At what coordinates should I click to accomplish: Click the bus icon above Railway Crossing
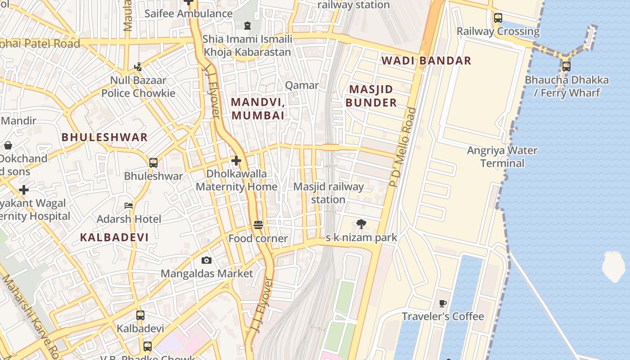[x=498, y=18]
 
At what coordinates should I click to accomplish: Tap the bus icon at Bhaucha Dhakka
[x=566, y=67]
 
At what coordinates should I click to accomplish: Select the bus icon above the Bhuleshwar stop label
[x=153, y=162]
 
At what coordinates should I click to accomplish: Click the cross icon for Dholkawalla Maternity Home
[x=236, y=160]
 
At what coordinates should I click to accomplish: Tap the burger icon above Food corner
[x=258, y=225]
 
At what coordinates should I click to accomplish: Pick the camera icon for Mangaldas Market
[x=207, y=260]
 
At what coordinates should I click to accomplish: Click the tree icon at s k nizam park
[x=361, y=224]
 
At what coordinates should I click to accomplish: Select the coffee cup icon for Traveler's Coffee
[x=442, y=303]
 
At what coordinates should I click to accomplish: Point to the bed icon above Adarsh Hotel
[x=129, y=206]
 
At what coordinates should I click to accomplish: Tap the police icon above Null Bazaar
[x=138, y=67]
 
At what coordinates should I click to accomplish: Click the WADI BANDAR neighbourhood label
[x=426, y=60]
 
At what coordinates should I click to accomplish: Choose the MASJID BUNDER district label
[x=371, y=96]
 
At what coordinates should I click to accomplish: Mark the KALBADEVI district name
[x=114, y=237]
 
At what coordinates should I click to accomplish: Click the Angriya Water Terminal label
[x=502, y=157]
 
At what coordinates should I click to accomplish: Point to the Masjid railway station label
[x=328, y=193]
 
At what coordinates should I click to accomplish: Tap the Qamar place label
[x=302, y=85]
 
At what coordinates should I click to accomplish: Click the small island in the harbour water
[x=614, y=266]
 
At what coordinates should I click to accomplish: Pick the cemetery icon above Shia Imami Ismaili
[x=247, y=25]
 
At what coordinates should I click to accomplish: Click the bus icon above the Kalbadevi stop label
[x=140, y=315]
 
